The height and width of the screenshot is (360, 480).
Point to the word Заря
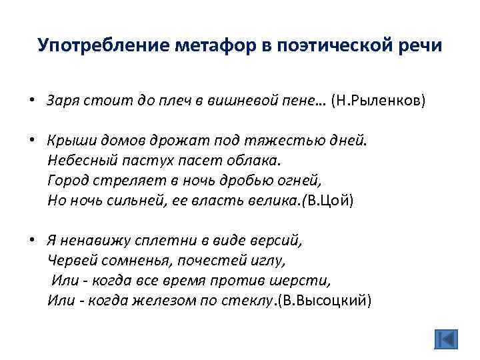(x=61, y=101)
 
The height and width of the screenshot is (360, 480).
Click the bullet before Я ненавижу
(x=31, y=241)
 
